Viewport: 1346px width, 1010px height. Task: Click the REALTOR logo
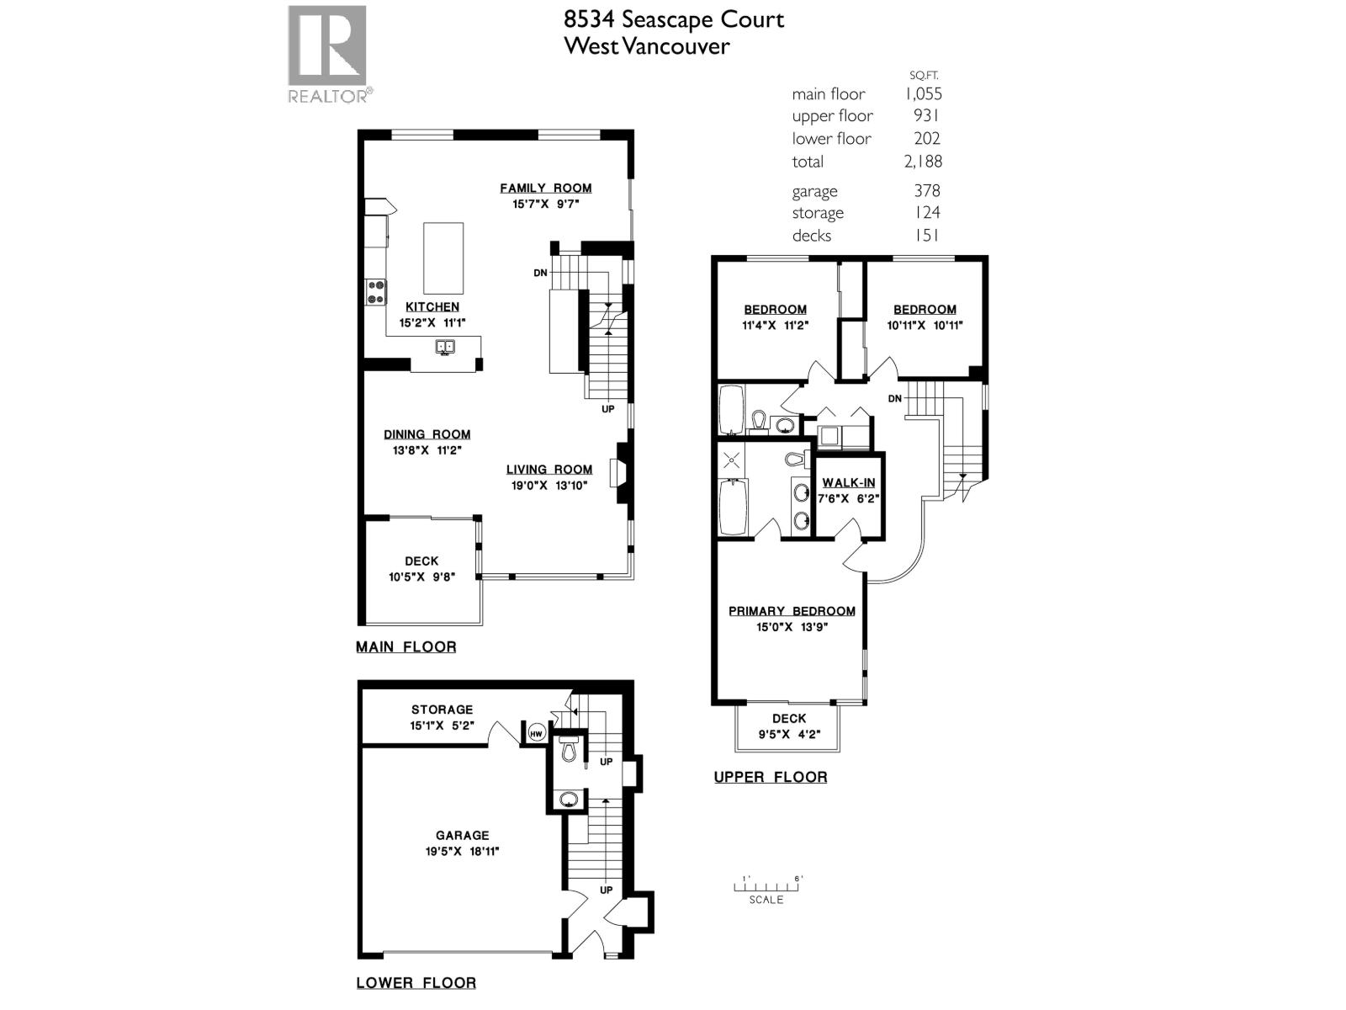point(327,54)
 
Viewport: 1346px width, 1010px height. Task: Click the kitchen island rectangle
point(442,258)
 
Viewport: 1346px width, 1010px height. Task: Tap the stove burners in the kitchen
point(376,292)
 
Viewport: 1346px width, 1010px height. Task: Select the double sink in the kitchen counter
point(445,346)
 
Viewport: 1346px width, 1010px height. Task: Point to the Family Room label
point(545,188)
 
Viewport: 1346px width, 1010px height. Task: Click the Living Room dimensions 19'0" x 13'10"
point(548,485)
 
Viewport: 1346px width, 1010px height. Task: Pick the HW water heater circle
point(536,734)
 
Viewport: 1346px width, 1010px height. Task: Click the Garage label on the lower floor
point(462,835)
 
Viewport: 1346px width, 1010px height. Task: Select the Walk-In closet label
point(848,482)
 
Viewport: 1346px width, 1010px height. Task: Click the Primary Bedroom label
point(792,611)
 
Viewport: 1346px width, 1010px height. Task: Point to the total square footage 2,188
point(923,162)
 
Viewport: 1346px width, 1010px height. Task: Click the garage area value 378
point(926,191)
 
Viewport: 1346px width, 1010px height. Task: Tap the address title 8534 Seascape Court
point(673,19)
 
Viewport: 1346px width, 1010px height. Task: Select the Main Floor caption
point(405,646)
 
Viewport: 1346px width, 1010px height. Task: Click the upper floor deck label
point(788,718)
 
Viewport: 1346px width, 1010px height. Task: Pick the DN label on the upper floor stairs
point(894,398)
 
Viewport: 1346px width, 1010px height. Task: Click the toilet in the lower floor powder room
point(568,748)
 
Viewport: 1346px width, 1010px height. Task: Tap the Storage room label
point(442,710)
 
